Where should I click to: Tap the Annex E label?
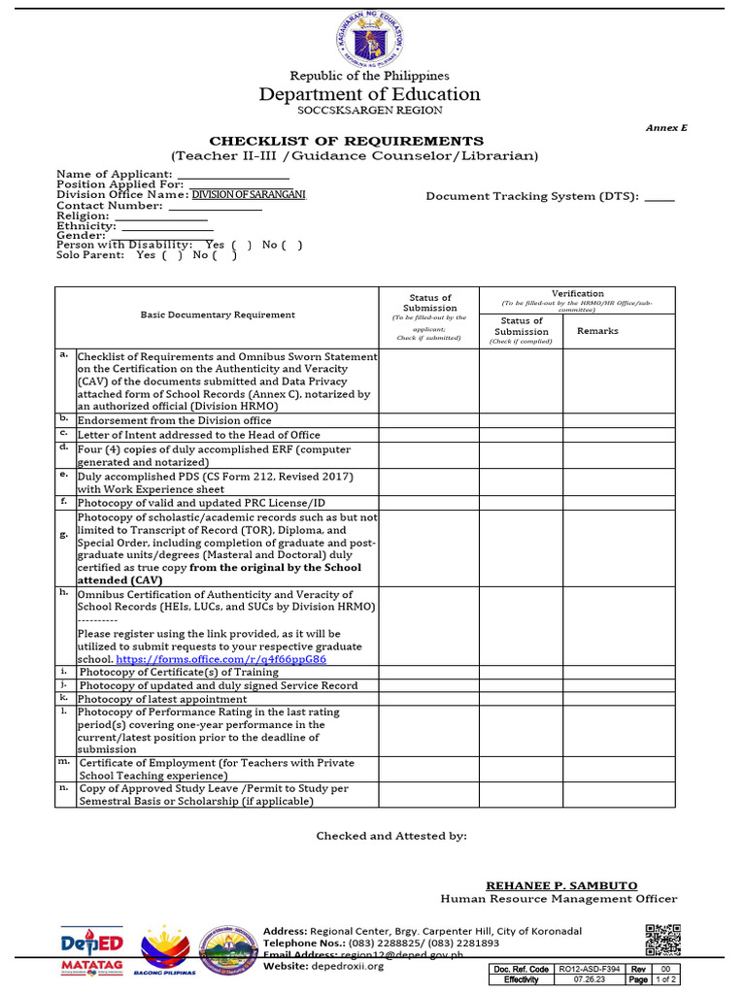point(666,128)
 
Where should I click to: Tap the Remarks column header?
point(597,331)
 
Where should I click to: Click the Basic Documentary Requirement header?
point(218,315)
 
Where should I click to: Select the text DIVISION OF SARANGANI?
point(248,195)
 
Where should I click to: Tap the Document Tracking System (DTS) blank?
point(659,197)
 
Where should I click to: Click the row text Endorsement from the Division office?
point(175,420)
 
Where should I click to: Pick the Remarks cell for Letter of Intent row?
point(618,435)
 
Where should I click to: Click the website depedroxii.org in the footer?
point(347,966)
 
